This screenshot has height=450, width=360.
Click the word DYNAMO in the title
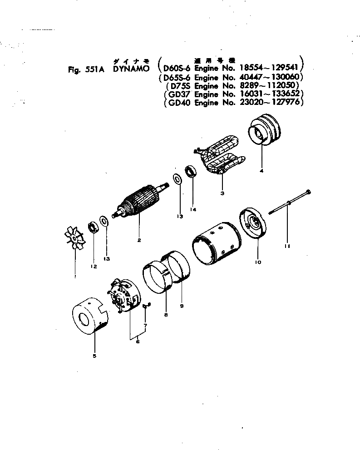[x=131, y=69]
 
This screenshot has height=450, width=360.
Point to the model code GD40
[x=177, y=103]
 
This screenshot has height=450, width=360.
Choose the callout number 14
[x=192, y=209]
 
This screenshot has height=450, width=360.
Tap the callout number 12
[x=94, y=267]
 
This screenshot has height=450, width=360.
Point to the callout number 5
[x=94, y=356]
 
